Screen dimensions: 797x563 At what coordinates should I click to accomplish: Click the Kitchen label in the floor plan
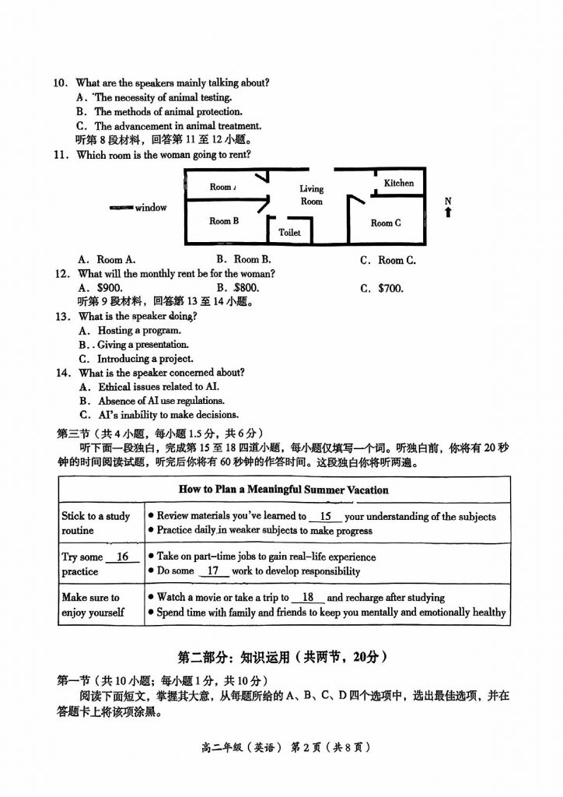(x=399, y=183)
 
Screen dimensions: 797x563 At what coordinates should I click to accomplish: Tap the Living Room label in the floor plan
(x=312, y=195)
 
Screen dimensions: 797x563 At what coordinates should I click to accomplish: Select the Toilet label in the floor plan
(x=289, y=232)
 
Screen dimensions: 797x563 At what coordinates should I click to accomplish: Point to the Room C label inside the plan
(x=386, y=223)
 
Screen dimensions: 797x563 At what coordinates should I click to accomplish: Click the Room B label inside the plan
(x=224, y=221)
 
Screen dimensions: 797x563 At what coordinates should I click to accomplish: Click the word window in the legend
(x=151, y=208)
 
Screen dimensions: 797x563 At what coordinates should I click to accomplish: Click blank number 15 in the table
(x=326, y=516)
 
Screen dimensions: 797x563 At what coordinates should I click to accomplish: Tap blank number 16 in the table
(x=122, y=557)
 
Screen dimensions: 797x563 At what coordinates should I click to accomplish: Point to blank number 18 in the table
(x=308, y=598)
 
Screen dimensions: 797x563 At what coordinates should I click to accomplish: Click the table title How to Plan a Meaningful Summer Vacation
(x=283, y=490)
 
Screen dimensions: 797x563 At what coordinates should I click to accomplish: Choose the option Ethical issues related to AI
(x=158, y=387)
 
